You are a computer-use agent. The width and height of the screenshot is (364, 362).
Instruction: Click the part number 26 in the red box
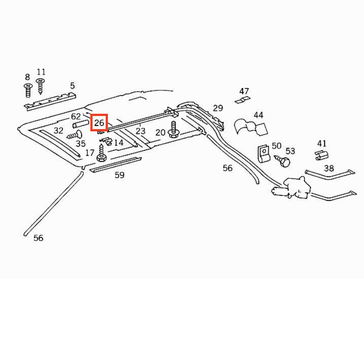pyautogui.click(x=99, y=122)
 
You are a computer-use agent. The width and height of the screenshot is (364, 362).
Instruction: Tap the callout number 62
pyautogui.click(x=76, y=116)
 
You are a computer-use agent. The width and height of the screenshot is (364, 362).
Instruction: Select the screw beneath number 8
pyautogui.click(x=28, y=90)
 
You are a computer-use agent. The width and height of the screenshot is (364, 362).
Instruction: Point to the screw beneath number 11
pyautogui.click(x=40, y=86)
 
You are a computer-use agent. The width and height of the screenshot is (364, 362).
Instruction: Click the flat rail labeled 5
pyautogui.click(x=50, y=101)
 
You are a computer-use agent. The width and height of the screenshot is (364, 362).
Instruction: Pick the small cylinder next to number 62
pyautogui.click(x=80, y=124)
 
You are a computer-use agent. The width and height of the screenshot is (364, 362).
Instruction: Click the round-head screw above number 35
pyautogui.click(x=75, y=135)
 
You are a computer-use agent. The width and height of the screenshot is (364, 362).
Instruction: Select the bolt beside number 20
pyautogui.click(x=173, y=130)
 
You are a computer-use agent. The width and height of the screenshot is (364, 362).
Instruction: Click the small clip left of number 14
pyautogui.click(x=106, y=141)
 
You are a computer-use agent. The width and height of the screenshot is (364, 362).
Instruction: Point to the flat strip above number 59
pyautogui.click(x=115, y=165)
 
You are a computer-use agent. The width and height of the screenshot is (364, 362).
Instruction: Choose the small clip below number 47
pyautogui.click(x=242, y=100)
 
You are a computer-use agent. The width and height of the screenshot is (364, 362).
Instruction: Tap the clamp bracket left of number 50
pyautogui.click(x=264, y=154)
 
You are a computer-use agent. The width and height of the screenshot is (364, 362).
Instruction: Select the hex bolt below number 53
pyautogui.click(x=283, y=161)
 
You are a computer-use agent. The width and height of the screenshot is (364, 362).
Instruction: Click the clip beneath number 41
pyautogui.click(x=322, y=155)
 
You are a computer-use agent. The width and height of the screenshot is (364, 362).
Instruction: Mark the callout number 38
pyautogui.click(x=329, y=168)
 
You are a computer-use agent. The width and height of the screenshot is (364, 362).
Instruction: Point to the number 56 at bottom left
pyautogui.click(x=38, y=238)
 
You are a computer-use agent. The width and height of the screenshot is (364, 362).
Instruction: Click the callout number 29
pyautogui.click(x=218, y=108)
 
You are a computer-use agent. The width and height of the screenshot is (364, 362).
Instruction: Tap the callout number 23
pyautogui.click(x=140, y=131)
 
